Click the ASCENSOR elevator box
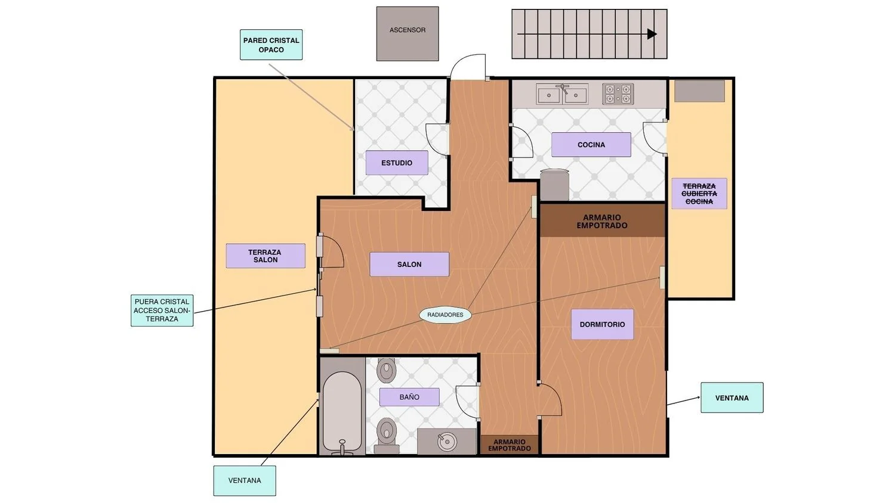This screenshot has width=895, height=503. (408, 33)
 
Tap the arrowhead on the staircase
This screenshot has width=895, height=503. (652, 34)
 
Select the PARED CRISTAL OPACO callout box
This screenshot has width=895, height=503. (271, 45)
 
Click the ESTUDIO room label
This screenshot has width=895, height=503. (397, 163)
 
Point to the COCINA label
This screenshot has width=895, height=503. (591, 144)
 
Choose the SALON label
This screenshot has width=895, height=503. (409, 264)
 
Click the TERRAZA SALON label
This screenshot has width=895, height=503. (266, 256)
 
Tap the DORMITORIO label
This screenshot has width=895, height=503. (603, 325)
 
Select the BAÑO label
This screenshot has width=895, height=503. (409, 397)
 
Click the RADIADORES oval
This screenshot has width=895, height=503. (445, 315)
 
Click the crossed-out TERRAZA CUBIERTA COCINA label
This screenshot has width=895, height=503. (699, 194)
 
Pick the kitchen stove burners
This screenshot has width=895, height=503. (618, 94)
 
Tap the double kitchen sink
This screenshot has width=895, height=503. (562, 94)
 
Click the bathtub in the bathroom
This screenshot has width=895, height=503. (342, 413)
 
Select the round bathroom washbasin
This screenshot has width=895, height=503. (447, 442)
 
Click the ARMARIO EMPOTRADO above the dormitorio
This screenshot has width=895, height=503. (602, 222)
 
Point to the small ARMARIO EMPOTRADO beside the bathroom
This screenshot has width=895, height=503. (510, 445)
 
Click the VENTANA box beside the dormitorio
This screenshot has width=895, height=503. (732, 398)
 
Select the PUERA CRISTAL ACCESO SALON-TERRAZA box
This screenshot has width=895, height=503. (162, 311)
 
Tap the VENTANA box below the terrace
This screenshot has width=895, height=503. (245, 480)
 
